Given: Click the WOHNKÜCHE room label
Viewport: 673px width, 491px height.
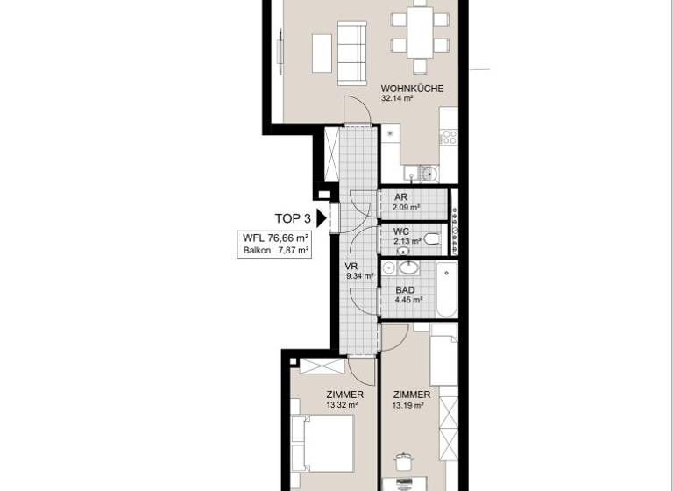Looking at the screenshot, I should [x=411, y=88].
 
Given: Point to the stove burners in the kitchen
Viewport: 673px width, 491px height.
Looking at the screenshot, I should [x=448, y=136].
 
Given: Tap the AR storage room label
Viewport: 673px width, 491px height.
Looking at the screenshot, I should [x=400, y=197].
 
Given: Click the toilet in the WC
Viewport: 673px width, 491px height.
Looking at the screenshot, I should [x=432, y=238].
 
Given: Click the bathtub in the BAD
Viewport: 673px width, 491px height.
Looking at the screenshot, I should [x=444, y=290].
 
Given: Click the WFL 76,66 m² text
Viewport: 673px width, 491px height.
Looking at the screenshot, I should [x=276, y=238].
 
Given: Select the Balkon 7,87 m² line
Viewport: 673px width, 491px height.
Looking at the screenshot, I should [x=276, y=250].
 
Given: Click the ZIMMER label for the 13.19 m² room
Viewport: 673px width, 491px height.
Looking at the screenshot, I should [x=410, y=395].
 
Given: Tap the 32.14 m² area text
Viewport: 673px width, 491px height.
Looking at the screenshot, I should [x=397, y=99].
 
